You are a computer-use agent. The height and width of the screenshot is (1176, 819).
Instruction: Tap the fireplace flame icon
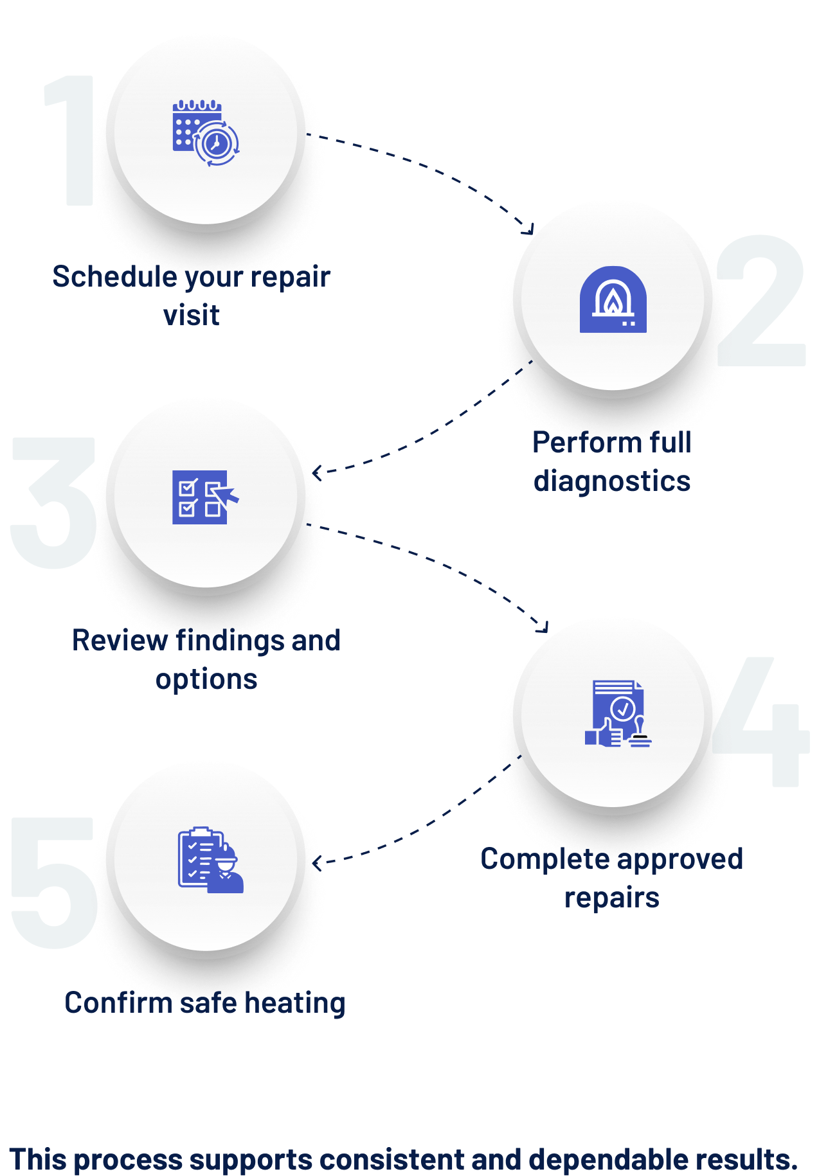click(x=613, y=299)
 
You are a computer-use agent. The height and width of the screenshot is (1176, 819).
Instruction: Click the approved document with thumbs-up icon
click(x=617, y=713)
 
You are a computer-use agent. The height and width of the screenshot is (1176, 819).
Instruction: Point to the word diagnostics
click(x=612, y=482)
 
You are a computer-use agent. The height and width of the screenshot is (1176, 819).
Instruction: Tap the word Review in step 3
click(x=120, y=641)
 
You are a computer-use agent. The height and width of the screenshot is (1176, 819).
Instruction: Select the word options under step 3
click(x=206, y=679)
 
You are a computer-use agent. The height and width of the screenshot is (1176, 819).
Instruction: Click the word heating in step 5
click(x=296, y=1003)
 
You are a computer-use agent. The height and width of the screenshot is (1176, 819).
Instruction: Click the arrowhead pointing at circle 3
click(x=317, y=473)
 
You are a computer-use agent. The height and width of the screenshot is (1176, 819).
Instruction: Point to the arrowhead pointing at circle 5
click(x=316, y=862)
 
